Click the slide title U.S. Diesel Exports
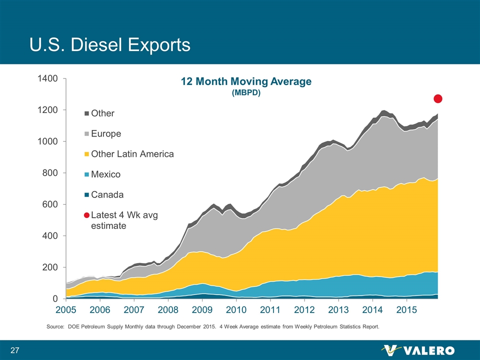(109, 44)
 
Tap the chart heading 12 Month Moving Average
(246, 81)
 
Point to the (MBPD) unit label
(246, 93)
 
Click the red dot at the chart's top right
(438, 98)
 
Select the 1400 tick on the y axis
(49, 78)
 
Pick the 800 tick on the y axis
(51, 173)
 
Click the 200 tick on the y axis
(51, 267)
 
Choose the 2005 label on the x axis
(66, 310)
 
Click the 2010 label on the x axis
(236, 310)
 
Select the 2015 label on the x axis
(407, 310)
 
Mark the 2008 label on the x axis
(168, 310)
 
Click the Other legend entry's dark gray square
(86, 113)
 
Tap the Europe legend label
(105, 134)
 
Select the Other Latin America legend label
(132, 154)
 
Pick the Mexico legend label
(105, 174)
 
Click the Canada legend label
(107, 194)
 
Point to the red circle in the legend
(86, 215)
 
